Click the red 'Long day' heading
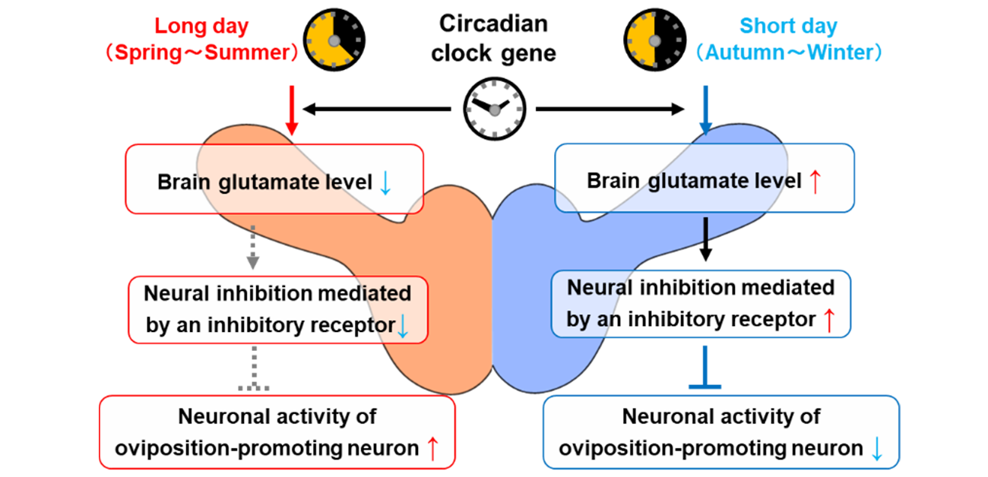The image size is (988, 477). pyautogui.click(x=201, y=26)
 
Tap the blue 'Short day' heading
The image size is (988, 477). pyautogui.click(x=788, y=26)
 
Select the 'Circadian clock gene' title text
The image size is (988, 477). pyautogui.click(x=494, y=38)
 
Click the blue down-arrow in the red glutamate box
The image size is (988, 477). pyautogui.click(x=385, y=183)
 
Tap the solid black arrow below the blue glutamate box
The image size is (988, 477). pyautogui.click(x=706, y=239)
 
